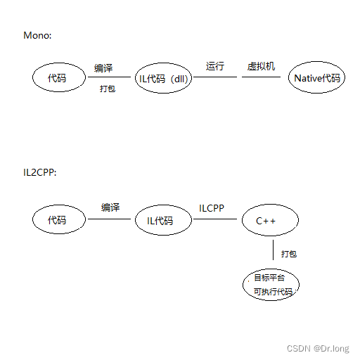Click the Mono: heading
tap(37, 35)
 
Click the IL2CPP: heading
tap(39, 172)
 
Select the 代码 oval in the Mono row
tap(59, 78)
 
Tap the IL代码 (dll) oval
tap(163, 78)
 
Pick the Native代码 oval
tap(316, 78)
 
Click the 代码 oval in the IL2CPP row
tap(59, 220)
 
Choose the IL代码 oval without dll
tap(163, 221)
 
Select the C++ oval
tap(269, 221)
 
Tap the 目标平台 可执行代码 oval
tap(271, 284)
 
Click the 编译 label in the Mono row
tap(103, 68)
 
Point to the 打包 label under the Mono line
tap(108, 90)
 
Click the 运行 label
tap(215, 66)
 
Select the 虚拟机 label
tap(261, 66)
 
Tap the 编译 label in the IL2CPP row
tap(110, 207)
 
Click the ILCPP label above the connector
tap(212, 208)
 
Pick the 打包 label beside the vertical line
tap(288, 253)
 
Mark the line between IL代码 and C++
tap(214, 219)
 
